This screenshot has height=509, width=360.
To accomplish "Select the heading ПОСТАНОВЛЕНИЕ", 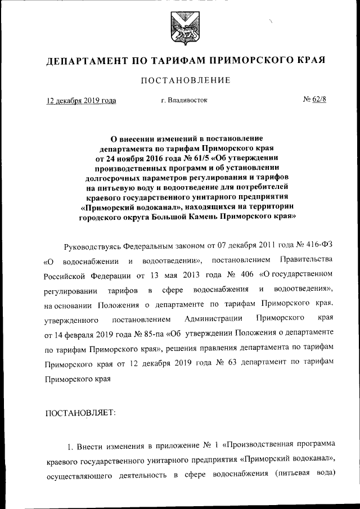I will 179,80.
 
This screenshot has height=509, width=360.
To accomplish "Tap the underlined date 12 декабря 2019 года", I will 81,101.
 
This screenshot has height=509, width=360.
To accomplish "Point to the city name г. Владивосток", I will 184,101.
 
